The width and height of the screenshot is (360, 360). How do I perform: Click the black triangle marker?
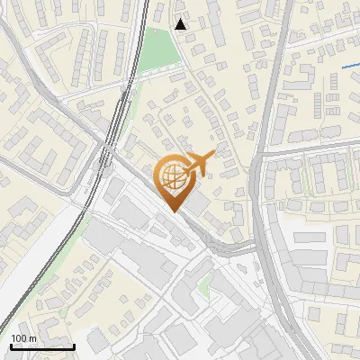(x=181, y=24)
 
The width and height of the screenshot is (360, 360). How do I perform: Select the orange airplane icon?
(x=199, y=165)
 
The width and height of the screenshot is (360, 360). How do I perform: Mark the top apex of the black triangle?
(x=181, y=18)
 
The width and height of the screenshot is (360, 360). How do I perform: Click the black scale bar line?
(x=42, y=347)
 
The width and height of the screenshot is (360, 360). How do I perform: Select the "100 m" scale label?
(x=23, y=338)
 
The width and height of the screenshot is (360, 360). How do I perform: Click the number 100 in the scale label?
(x=20, y=338)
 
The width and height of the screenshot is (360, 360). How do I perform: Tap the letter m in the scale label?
(x=32, y=339)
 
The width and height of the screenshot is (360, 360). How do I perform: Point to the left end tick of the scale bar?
(x=11, y=346)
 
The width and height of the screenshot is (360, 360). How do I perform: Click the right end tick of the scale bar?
(x=74, y=346)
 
